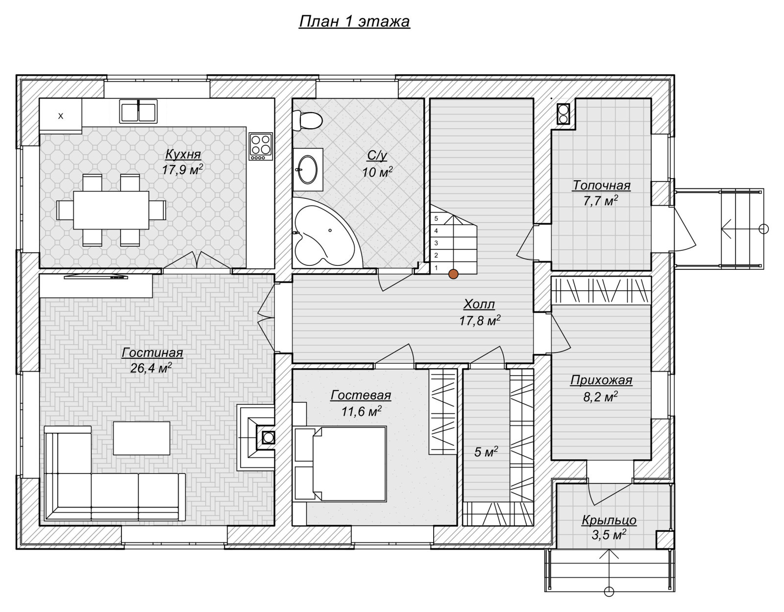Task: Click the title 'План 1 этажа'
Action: tap(354, 21)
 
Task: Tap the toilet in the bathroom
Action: tap(307, 120)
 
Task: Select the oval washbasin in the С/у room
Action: tap(308, 169)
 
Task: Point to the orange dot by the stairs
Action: tap(453, 274)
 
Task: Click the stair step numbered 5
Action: tap(436, 218)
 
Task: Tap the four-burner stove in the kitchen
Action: tap(261, 146)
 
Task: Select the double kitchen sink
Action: tap(139, 112)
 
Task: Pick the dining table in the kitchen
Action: tap(111, 210)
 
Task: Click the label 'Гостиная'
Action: tap(152, 353)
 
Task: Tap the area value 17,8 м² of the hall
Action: tap(480, 320)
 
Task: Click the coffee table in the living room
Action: tap(142, 438)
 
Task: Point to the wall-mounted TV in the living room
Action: tap(96, 277)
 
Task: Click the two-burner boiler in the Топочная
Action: tap(563, 114)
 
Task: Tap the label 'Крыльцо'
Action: tap(609, 520)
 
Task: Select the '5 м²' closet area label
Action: tap(486, 452)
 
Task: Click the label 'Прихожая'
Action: tap(601, 380)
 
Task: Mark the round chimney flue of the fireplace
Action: tap(269, 438)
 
